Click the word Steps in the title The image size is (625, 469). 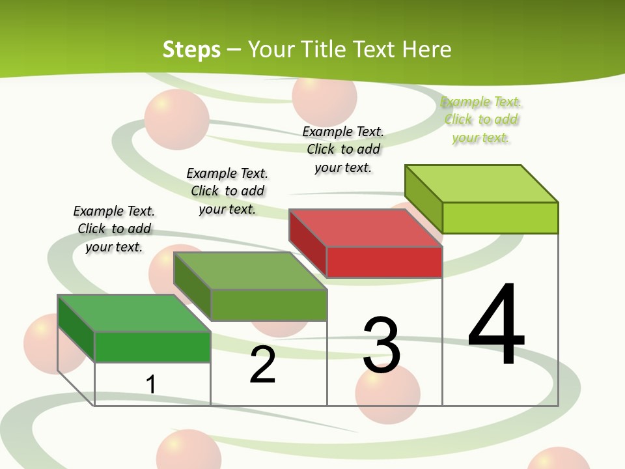point(191,50)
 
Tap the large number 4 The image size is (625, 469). point(497,325)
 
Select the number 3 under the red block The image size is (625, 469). point(382,345)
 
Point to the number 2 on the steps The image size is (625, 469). point(263,365)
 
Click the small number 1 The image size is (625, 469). point(150,384)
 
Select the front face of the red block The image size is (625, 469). point(384,263)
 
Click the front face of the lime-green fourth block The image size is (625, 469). point(500,218)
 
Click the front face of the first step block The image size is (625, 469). point(152,347)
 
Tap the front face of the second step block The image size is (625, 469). point(268,305)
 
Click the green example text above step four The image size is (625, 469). point(481,120)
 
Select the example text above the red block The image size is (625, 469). point(343,149)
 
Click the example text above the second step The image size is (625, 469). point(227,191)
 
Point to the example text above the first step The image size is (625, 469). point(114,229)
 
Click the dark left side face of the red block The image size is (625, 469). point(307,241)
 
